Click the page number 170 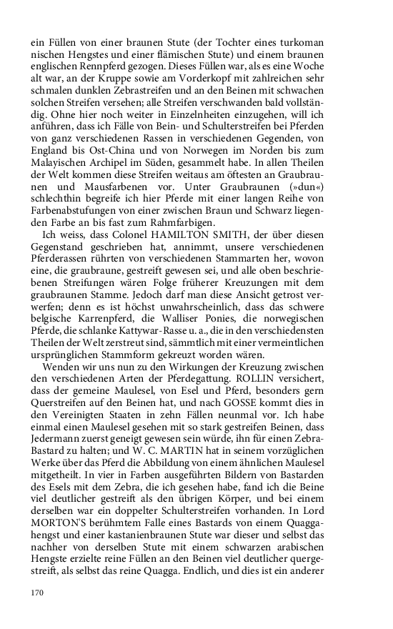(38, 591)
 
